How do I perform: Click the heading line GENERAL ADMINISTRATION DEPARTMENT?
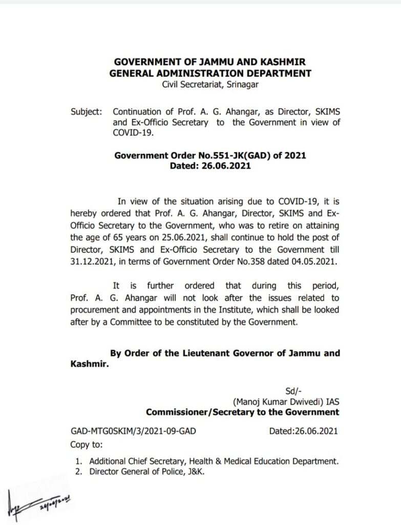click(x=210, y=73)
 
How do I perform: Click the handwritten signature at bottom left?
click(x=38, y=501)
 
